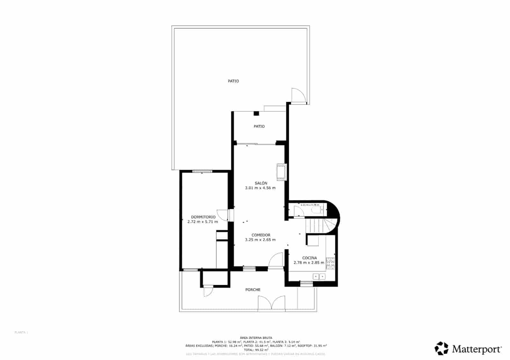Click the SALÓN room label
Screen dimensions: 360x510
261,183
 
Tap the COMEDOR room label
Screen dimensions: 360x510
261,235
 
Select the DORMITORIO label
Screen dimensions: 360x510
203,217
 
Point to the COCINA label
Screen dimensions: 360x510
309,258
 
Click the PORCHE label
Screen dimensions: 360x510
253,290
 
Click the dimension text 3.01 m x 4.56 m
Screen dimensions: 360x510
260,188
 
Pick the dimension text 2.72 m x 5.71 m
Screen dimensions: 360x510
203,222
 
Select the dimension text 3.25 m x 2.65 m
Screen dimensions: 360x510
260,240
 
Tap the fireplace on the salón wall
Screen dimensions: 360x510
281,172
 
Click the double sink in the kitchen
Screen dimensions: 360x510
319,277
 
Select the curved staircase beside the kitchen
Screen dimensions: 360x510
320,226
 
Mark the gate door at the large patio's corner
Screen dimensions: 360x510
298,95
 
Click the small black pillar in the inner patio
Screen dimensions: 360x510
256,113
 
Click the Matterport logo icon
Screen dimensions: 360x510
441,348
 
